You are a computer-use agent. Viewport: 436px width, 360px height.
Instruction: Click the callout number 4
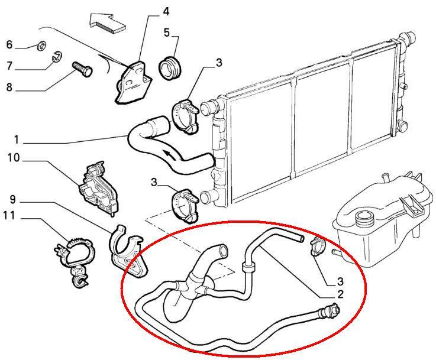point(166,12)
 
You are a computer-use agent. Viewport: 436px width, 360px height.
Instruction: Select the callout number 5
point(167,33)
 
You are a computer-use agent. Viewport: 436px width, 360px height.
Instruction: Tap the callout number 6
point(9,44)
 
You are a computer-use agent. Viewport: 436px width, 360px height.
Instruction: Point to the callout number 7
point(9,66)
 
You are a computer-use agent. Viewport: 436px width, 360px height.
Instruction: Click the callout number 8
point(9,87)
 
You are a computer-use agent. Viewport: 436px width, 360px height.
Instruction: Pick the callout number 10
point(14,158)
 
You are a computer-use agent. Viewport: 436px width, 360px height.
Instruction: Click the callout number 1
point(17,140)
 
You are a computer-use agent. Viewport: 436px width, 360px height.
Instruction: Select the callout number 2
point(340,294)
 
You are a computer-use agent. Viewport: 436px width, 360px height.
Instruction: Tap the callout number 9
point(13,199)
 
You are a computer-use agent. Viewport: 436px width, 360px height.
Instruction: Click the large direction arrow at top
point(108,22)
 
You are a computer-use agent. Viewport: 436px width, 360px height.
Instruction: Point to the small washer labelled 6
point(42,46)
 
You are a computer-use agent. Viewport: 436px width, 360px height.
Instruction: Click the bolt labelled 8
point(82,69)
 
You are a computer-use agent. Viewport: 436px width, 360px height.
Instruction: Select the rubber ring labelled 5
point(170,68)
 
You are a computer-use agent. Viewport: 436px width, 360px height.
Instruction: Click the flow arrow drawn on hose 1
point(169,155)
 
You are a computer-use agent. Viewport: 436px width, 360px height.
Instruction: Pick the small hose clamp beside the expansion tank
point(317,247)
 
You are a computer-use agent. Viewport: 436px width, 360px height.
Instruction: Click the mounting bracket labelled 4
point(134,83)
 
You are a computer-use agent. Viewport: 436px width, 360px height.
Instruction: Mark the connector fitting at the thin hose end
point(330,310)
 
